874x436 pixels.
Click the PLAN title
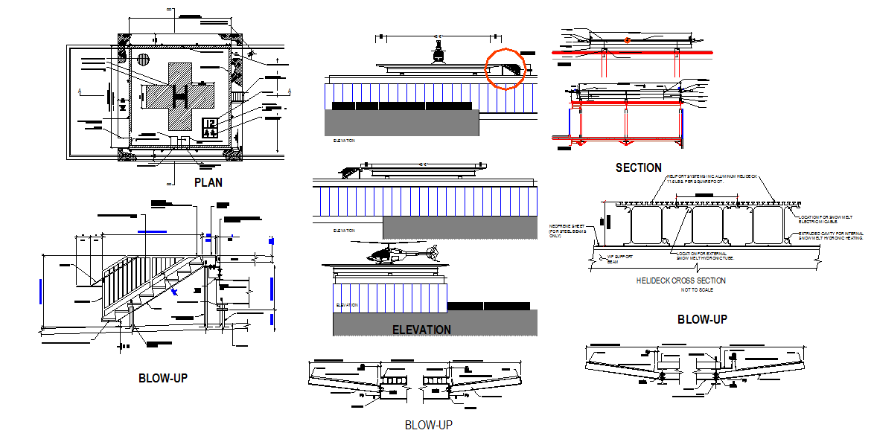208,182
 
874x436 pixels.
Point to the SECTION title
638,168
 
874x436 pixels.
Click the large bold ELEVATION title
421,330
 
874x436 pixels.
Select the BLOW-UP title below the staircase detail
162,378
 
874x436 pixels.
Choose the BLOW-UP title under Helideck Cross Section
701,319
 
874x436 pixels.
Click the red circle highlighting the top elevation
505,68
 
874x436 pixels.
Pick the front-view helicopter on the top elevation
439,53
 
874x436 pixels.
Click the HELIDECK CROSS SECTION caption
680,280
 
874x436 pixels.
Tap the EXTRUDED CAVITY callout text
831,236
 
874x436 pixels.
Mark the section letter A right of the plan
288,92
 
